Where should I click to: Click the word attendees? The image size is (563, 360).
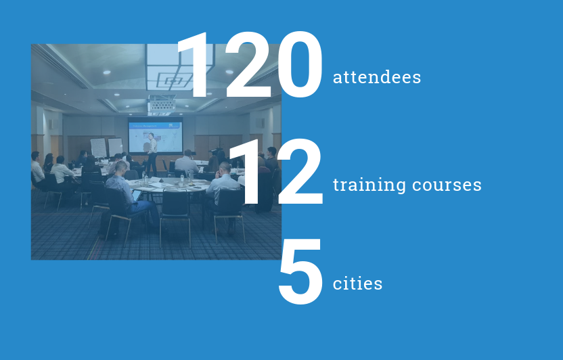point(377,77)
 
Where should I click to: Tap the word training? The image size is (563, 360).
point(369,185)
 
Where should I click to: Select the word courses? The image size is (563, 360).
point(447,185)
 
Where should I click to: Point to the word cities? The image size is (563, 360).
point(357,283)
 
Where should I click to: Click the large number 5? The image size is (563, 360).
point(300,272)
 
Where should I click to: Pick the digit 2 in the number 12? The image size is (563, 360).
point(300,172)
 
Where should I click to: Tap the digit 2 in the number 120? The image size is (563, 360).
point(248,64)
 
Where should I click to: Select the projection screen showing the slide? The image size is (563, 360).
point(156,135)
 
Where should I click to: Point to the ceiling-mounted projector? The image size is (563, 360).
point(162,104)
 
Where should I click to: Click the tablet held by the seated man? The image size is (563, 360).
point(137,195)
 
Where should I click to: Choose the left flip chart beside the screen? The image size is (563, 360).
point(98,148)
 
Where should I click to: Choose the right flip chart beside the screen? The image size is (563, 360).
point(115,146)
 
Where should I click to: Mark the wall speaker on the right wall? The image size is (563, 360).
point(261,123)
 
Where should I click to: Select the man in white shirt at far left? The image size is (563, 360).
point(37,169)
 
